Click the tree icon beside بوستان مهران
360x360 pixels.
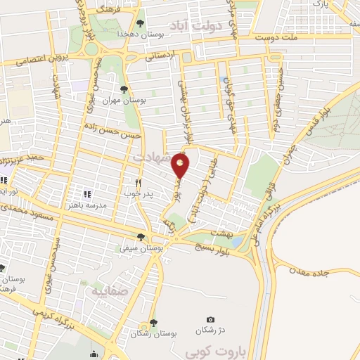pyautogui.click(x=124, y=89)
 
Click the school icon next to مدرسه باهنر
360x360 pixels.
pyautogui.click(x=88, y=194)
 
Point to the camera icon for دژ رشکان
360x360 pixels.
pyautogui.click(x=210, y=321)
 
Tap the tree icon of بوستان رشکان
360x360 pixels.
pyautogui.click(x=153, y=322)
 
